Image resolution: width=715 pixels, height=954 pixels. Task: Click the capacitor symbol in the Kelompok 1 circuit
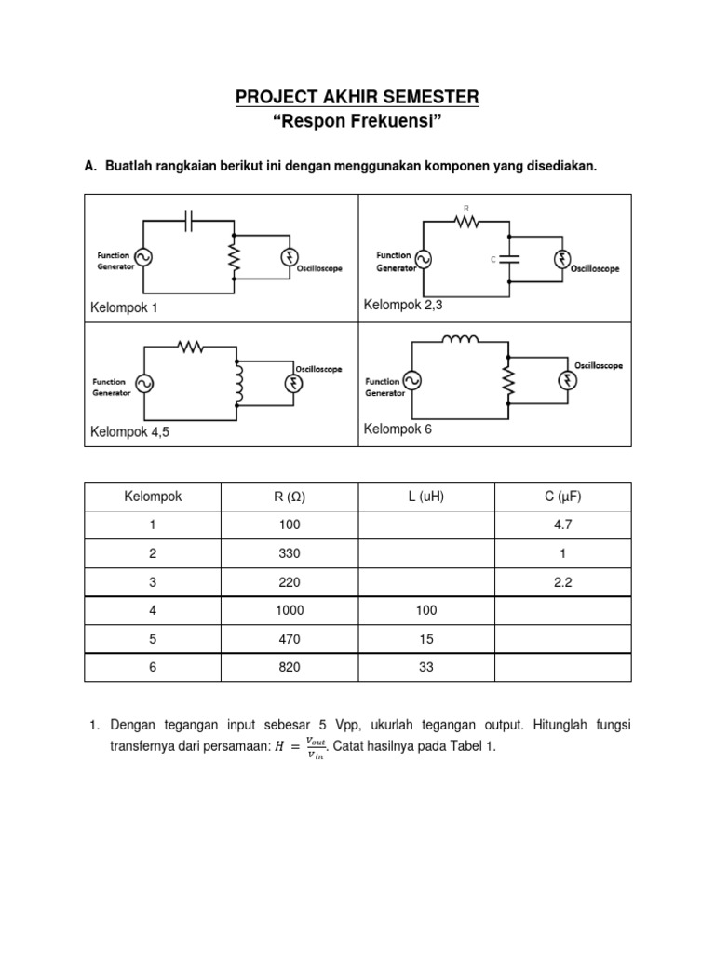point(190,221)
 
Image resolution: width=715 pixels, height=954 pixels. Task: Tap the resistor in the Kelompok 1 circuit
point(234,256)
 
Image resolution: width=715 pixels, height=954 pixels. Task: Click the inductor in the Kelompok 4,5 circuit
point(239,385)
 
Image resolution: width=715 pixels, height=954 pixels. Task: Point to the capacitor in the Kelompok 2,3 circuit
point(507,260)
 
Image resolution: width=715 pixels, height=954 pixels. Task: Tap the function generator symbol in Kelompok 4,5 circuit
point(145,383)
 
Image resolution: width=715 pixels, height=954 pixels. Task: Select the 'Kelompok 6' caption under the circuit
point(398,429)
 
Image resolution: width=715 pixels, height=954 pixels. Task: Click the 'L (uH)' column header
point(426,497)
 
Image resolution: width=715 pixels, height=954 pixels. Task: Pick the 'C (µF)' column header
point(563,497)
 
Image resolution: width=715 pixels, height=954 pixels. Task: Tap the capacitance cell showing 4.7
point(563,525)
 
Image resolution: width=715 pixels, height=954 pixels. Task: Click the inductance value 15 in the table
point(426,639)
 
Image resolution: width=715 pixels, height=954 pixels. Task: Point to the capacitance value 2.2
point(563,582)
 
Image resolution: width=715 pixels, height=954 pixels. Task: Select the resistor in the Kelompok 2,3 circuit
point(465,222)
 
